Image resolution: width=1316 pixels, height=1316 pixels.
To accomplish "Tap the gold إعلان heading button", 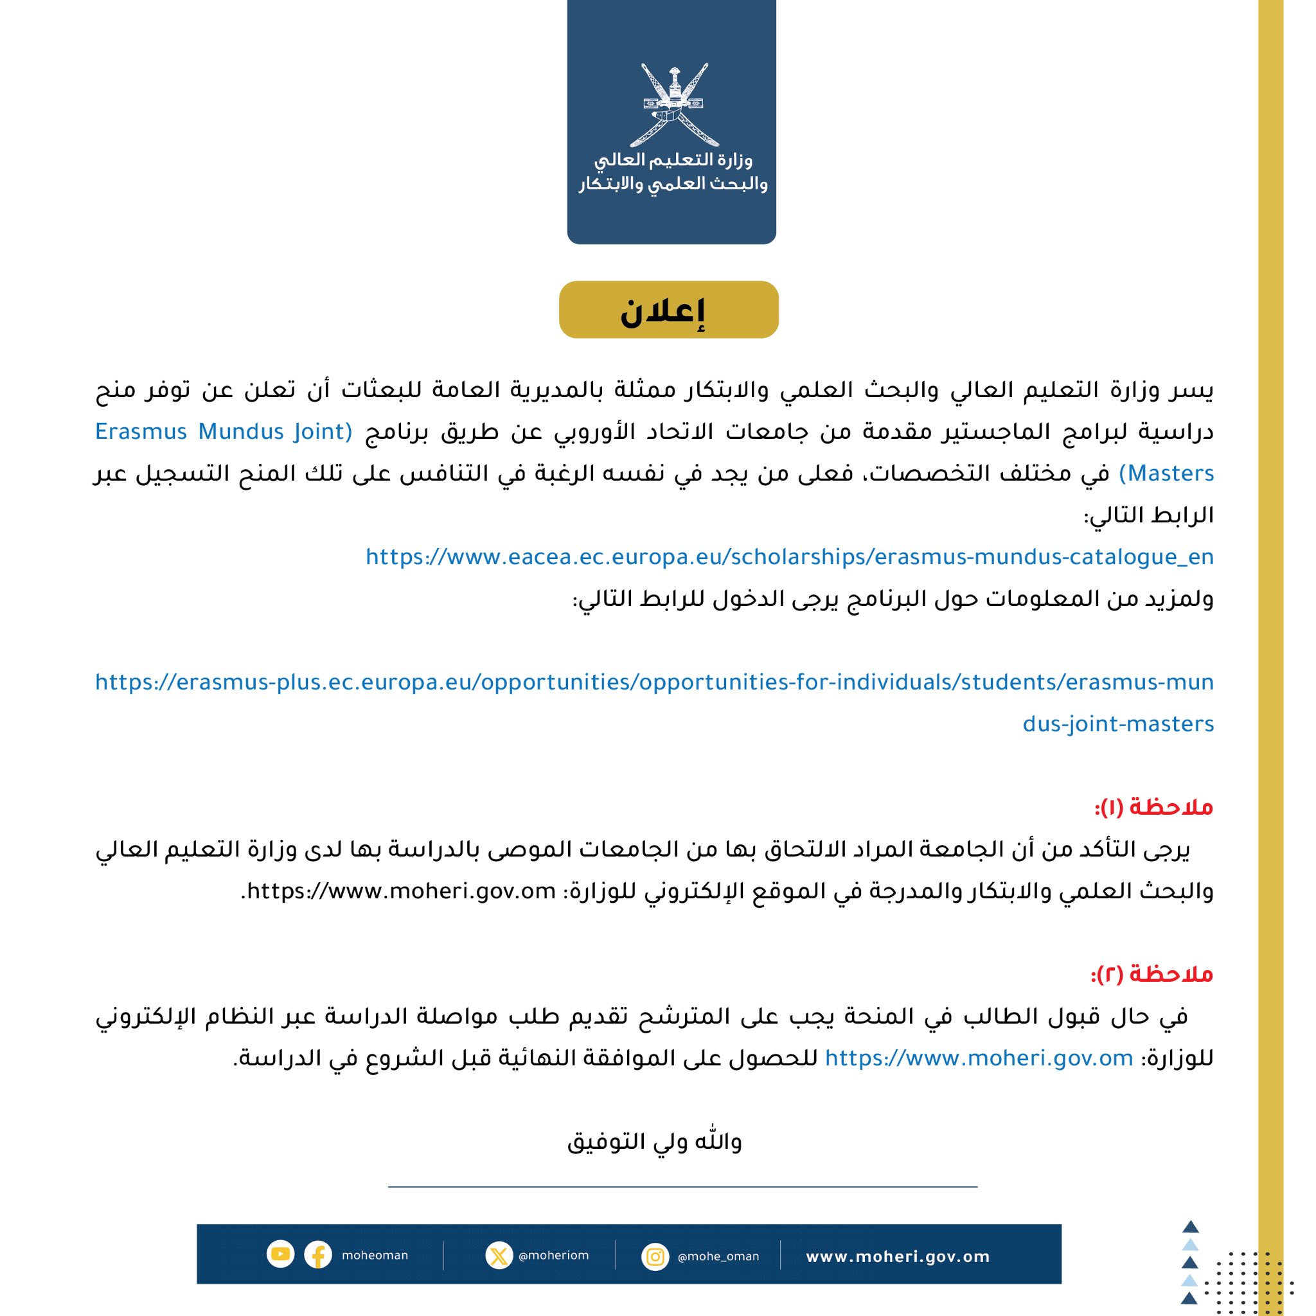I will tap(668, 310).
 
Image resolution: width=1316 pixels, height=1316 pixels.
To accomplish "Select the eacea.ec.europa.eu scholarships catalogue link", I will tap(790, 557).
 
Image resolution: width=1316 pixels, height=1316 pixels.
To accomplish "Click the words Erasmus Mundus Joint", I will tap(224, 432).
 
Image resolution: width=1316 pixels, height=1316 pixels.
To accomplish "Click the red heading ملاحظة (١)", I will tap(1154, 807).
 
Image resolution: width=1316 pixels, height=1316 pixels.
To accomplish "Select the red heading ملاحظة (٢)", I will tap(1152, 974).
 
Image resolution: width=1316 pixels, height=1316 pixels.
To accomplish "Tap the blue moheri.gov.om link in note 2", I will tap(979, 1058).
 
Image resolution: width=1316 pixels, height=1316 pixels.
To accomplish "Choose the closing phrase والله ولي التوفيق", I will tap(655, 1142).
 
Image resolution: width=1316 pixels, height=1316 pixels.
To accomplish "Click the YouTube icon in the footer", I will tap(280, 1254).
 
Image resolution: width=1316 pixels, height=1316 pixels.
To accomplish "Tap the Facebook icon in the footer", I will tap(317, 1255).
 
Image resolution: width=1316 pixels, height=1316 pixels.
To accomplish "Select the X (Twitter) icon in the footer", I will tap(499, 1256).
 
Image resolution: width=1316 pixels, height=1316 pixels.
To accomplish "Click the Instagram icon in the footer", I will tap(655, 1256).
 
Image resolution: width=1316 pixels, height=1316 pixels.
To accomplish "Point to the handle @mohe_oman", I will tap(718, 1257).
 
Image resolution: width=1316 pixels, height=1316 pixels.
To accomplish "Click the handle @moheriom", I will tap(553, 1256).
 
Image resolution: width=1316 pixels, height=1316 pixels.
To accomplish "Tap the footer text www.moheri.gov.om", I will tap(897, 1257).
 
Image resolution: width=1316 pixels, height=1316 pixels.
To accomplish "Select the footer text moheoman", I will tap(375, 1256).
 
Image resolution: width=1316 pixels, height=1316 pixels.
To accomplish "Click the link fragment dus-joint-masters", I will tap(1118, 724).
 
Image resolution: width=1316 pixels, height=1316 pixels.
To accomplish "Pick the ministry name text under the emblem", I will tap(672, 172).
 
